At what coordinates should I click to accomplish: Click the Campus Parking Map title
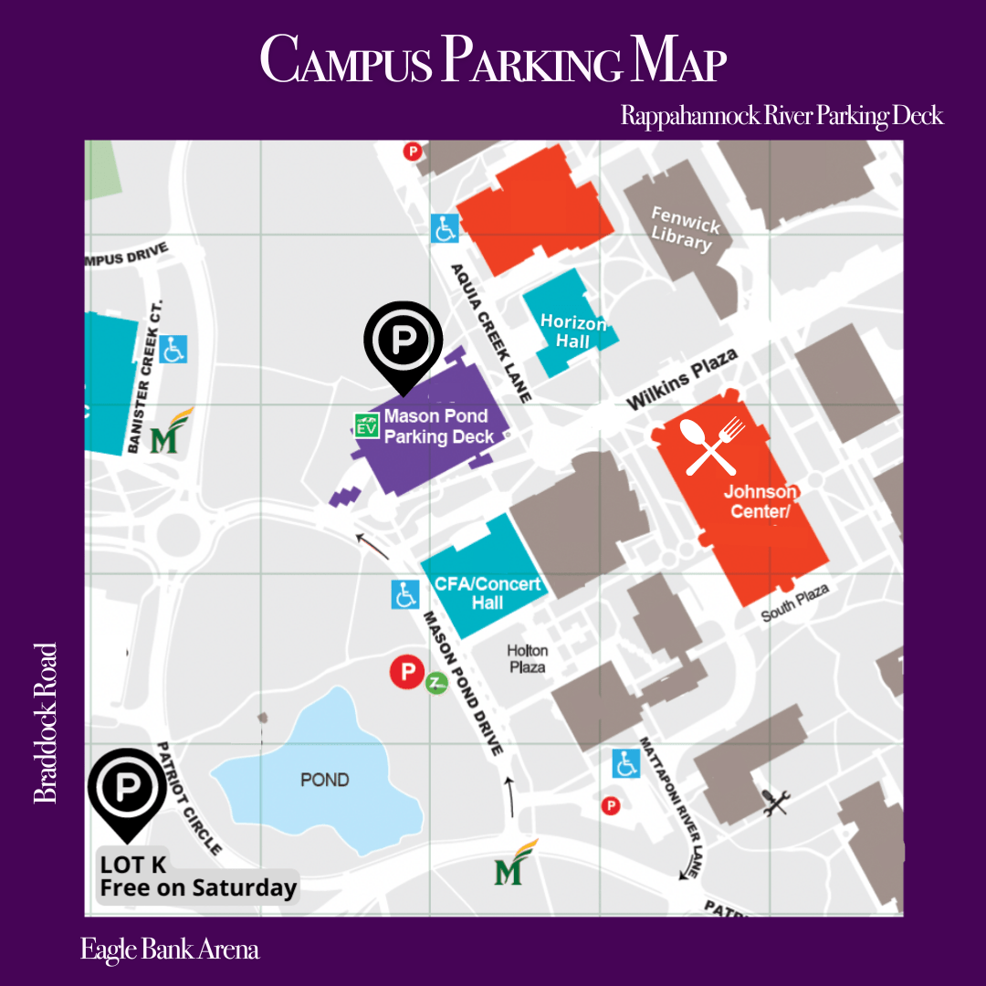tap(493, 61)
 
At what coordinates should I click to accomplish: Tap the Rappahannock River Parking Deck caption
tap(781, 116)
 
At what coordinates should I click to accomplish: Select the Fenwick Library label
tap(684, 228)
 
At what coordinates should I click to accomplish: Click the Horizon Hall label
tap(572, 332)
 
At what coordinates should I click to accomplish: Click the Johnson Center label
tap(760, 501)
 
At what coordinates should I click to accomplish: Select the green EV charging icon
tap(367, 425)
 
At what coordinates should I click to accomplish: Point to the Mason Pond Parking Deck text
tap(436, 426)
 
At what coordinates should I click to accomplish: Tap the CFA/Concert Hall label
tap(487, 593)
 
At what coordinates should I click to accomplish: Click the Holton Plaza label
tap(528, 658)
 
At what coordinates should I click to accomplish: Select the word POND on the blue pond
tap(325, 780)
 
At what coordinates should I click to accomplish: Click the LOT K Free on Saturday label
tap(198, 877)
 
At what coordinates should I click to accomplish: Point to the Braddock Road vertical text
tap(45, 723)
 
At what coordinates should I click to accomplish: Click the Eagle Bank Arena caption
tap(170, 949)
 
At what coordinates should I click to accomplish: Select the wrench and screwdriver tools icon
tap(775, 802)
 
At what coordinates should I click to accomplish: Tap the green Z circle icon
tap(437, 682)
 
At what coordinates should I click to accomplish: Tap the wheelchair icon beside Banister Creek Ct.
tap(173, 349)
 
